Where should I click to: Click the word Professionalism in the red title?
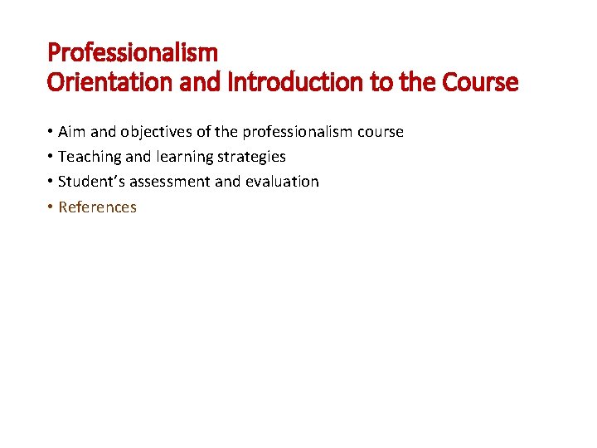pos(133,53)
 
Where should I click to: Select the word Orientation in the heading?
pos(99,83)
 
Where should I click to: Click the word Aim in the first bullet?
pos(71,132)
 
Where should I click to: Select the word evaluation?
pos(282,182)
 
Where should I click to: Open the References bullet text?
pos(97,207)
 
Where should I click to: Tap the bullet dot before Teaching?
pos(51,157)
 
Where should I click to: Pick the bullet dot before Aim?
pos(51,132)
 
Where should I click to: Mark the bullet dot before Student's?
pos(51,182)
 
